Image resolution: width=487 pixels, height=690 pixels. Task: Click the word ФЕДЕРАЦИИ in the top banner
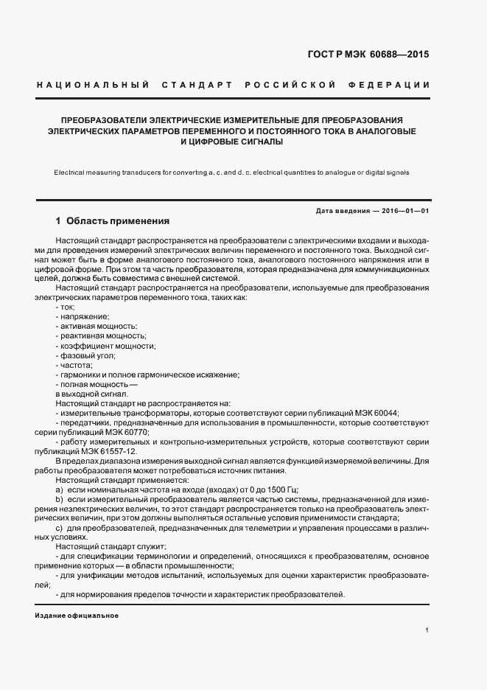(394, 86)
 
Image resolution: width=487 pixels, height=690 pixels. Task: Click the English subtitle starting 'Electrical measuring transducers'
(231, 172)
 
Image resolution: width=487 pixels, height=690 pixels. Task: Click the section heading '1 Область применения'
(113, 221)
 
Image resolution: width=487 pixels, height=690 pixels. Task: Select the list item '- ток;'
(66, 306)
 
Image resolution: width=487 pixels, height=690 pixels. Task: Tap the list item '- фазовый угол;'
(85, 355)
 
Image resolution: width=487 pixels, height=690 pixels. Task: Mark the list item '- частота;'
(74, 365)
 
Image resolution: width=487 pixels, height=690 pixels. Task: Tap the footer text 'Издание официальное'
(77, 615)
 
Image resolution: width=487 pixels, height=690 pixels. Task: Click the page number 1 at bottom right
(427, 631)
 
